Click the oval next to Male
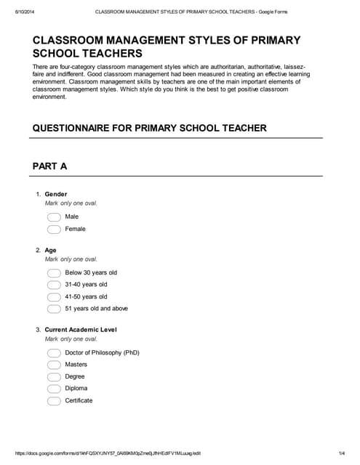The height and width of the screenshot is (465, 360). tap(54, 217)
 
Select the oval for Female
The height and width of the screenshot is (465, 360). tap(54, 230)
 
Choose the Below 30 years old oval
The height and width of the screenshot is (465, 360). tap(54, 273)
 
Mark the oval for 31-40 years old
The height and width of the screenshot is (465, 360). tap(54, 285)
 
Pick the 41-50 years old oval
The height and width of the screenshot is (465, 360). tap(54, 297)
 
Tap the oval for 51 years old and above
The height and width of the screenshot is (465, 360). tap(54, 309)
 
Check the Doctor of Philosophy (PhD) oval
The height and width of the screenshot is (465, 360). tap(54, 353)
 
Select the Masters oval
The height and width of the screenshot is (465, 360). tap(54, 365)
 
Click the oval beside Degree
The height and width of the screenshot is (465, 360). tap(54, 377)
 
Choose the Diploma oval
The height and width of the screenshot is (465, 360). tap(54, 389)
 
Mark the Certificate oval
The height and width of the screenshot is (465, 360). tap(54, 401)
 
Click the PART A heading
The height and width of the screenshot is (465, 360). tap(50, 166)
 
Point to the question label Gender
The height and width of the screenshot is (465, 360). tap(56, 194)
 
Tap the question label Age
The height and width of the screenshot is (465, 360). tap(50, 250)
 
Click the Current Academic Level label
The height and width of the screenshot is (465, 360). tap(81, 330)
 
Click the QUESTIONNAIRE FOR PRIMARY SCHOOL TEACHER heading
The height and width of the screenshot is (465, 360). tap(150, 128)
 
